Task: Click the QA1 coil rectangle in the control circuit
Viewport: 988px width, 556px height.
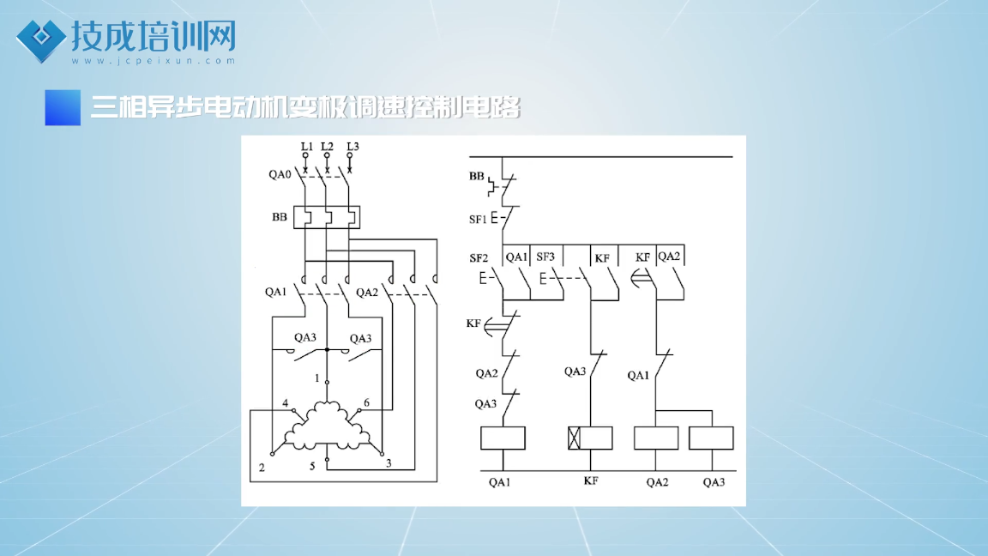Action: [x=503, y=438]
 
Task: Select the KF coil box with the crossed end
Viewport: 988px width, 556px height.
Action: [x=590, y=438]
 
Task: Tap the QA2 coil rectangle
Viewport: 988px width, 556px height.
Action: [x=656, y=438]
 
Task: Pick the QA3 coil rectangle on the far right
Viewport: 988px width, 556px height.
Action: [x=711, y=438]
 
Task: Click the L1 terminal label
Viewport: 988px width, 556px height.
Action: [x=306, y=146]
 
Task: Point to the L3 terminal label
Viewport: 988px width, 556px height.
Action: [x=352, y=146]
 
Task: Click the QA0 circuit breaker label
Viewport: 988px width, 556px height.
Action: [x=280, y=174]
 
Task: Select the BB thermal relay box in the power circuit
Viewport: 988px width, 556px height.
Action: [x=327, y=217]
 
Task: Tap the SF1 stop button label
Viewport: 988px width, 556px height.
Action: [x=478, y=220]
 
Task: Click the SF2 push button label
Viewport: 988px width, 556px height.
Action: [x=479, y=257]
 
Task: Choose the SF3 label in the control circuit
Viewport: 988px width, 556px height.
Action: [x=545, y=257]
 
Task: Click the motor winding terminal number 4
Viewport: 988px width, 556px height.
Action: [x=286, y=402]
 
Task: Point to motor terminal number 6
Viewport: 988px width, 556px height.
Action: [x=367, y=402]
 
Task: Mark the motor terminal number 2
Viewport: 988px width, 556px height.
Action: [x=262, y=468]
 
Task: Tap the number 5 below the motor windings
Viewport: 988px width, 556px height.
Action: [x=312, y=467]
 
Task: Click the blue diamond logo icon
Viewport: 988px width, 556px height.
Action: [x=41, y=40]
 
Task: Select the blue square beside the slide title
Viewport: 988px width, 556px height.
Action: [x=63, y=108]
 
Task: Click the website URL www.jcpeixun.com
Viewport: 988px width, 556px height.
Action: [x=154, y=61]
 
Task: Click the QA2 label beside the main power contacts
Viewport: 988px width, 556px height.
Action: [x=367, y=293]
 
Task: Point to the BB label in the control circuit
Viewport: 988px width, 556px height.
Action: [x=476, y=176]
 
